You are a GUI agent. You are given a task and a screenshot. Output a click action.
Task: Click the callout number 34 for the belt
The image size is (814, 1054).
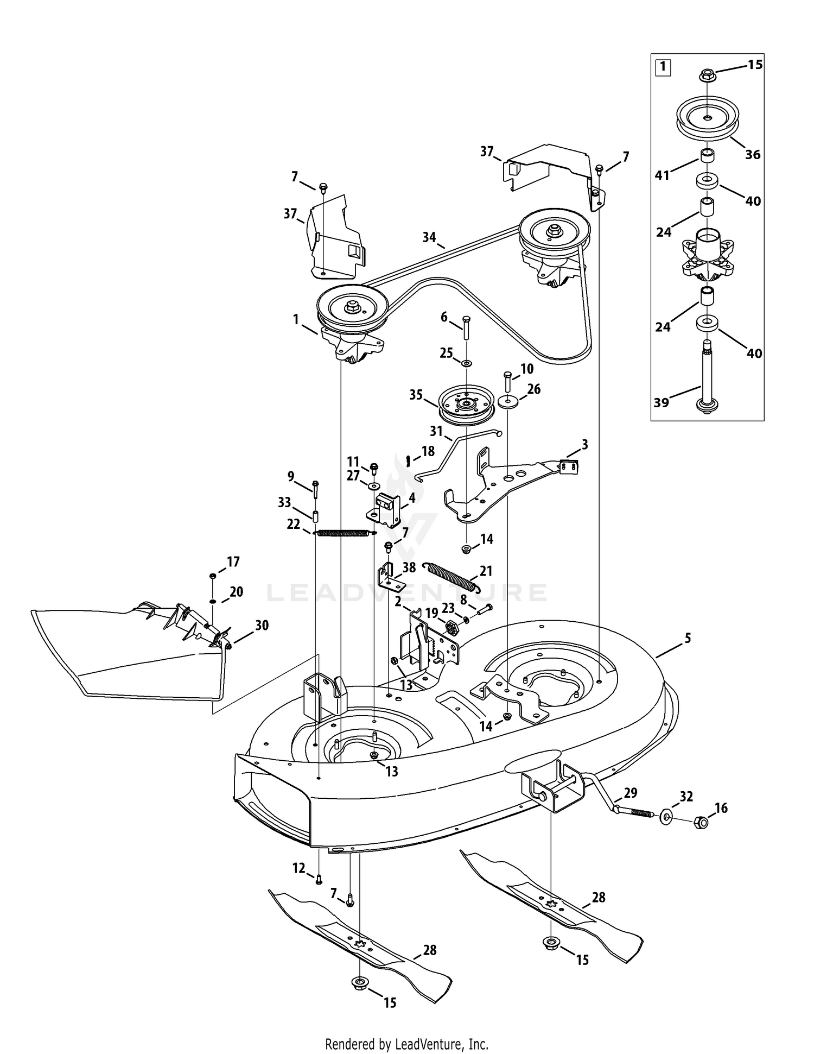click(x=429, y=237)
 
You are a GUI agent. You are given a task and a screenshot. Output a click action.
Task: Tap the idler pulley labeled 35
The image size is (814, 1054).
click(x=467, y=405)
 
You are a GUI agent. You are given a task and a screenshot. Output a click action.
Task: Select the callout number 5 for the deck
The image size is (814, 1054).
click(x=688, y=639)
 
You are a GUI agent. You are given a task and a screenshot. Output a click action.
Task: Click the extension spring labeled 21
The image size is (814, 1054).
click(x=451, y=576)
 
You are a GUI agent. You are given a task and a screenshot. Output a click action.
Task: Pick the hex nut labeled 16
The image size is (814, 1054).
click(x=701, y=823)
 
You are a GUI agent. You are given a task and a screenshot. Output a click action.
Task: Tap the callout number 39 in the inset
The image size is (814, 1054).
click(x=662, y=402)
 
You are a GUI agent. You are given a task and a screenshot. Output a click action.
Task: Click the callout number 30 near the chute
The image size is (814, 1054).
click(x=262, y=626)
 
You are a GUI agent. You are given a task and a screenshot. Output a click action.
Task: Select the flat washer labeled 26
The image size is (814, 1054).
click(x=508, y=402)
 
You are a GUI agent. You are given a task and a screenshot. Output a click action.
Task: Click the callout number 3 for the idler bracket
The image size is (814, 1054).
click(x=584, y=445)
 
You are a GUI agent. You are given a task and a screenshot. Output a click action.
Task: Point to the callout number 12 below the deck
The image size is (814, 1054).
click(x=299, y=868)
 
